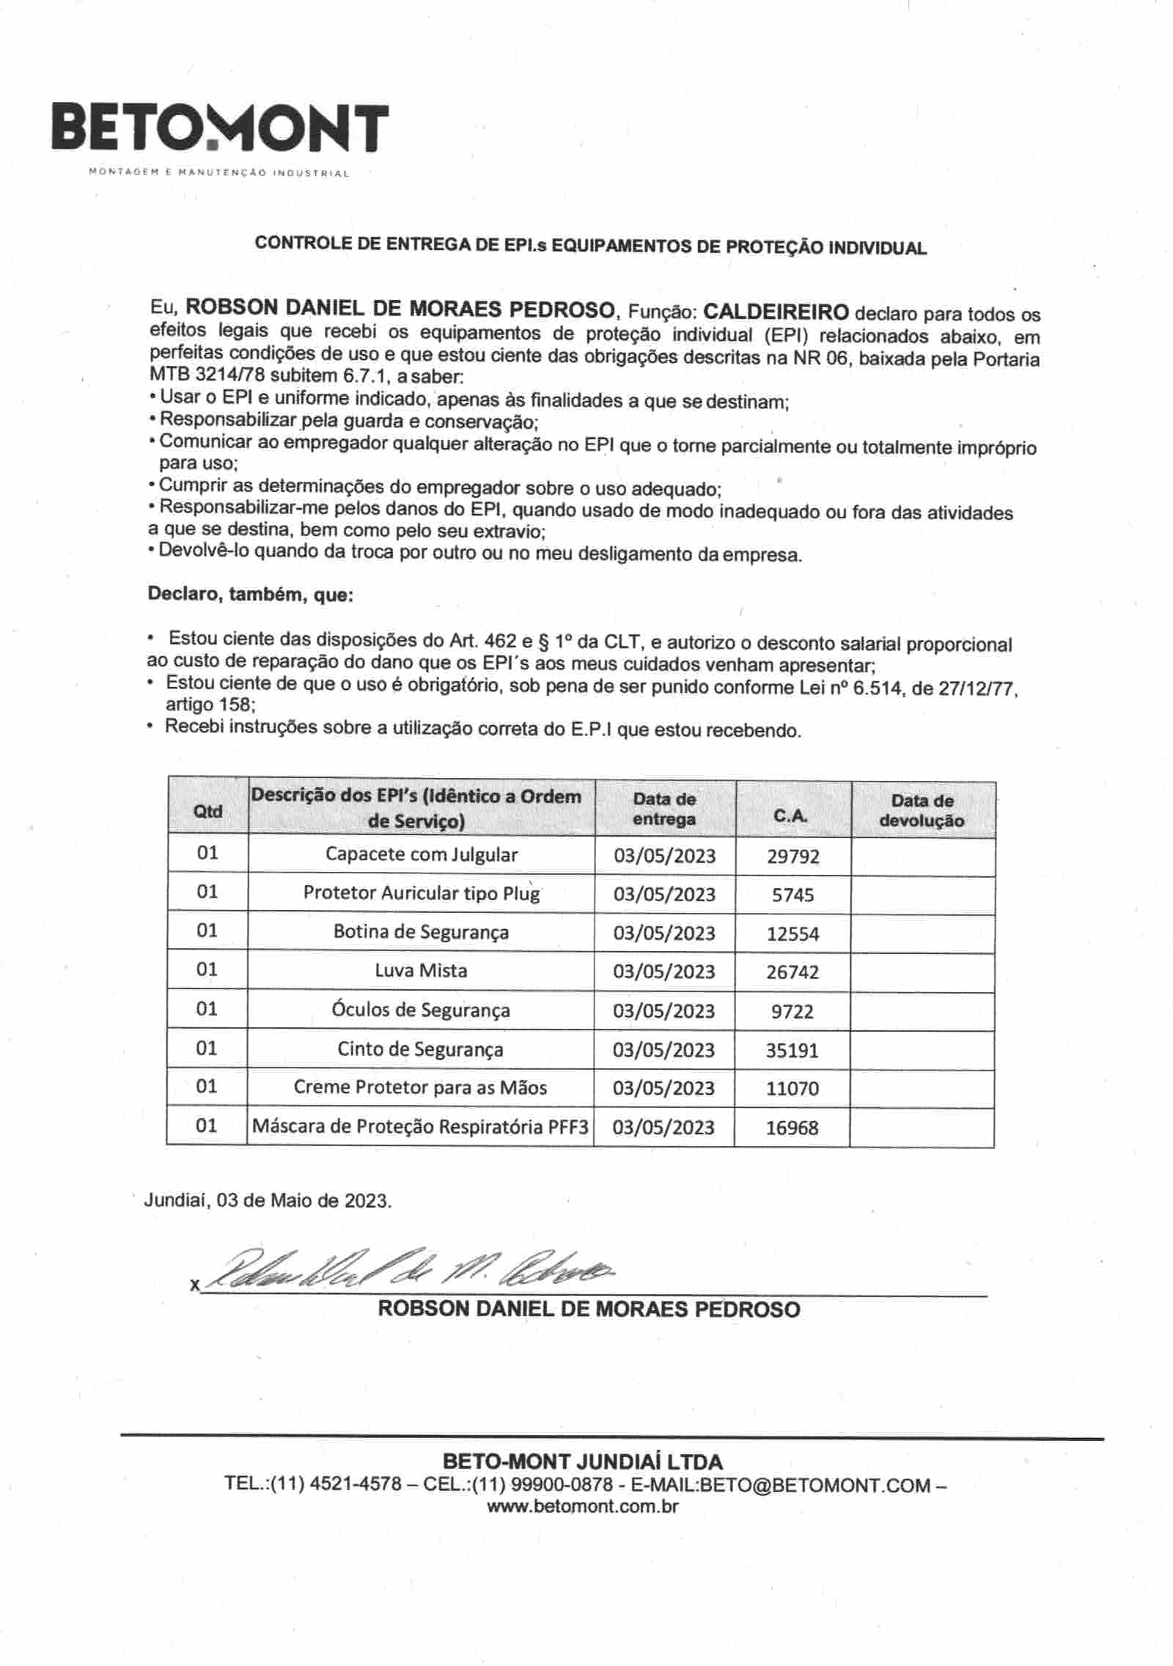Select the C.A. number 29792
(793, 856)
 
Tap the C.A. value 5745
(793, 895)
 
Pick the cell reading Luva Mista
(421, 971)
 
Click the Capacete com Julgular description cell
(421, 855)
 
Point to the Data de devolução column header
(922, 811)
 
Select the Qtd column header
(207, 811)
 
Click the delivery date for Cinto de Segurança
(663, 1050)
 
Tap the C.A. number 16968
(792, 1128)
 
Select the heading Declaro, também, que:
(251, 594)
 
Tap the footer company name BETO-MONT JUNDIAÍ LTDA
(583, 1461)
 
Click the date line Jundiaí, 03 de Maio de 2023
(268, 1200)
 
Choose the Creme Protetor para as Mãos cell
(420, 1087)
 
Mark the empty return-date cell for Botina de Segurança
(922, 933)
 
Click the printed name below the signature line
(589, 1309)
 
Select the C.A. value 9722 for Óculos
(793, 1012)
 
